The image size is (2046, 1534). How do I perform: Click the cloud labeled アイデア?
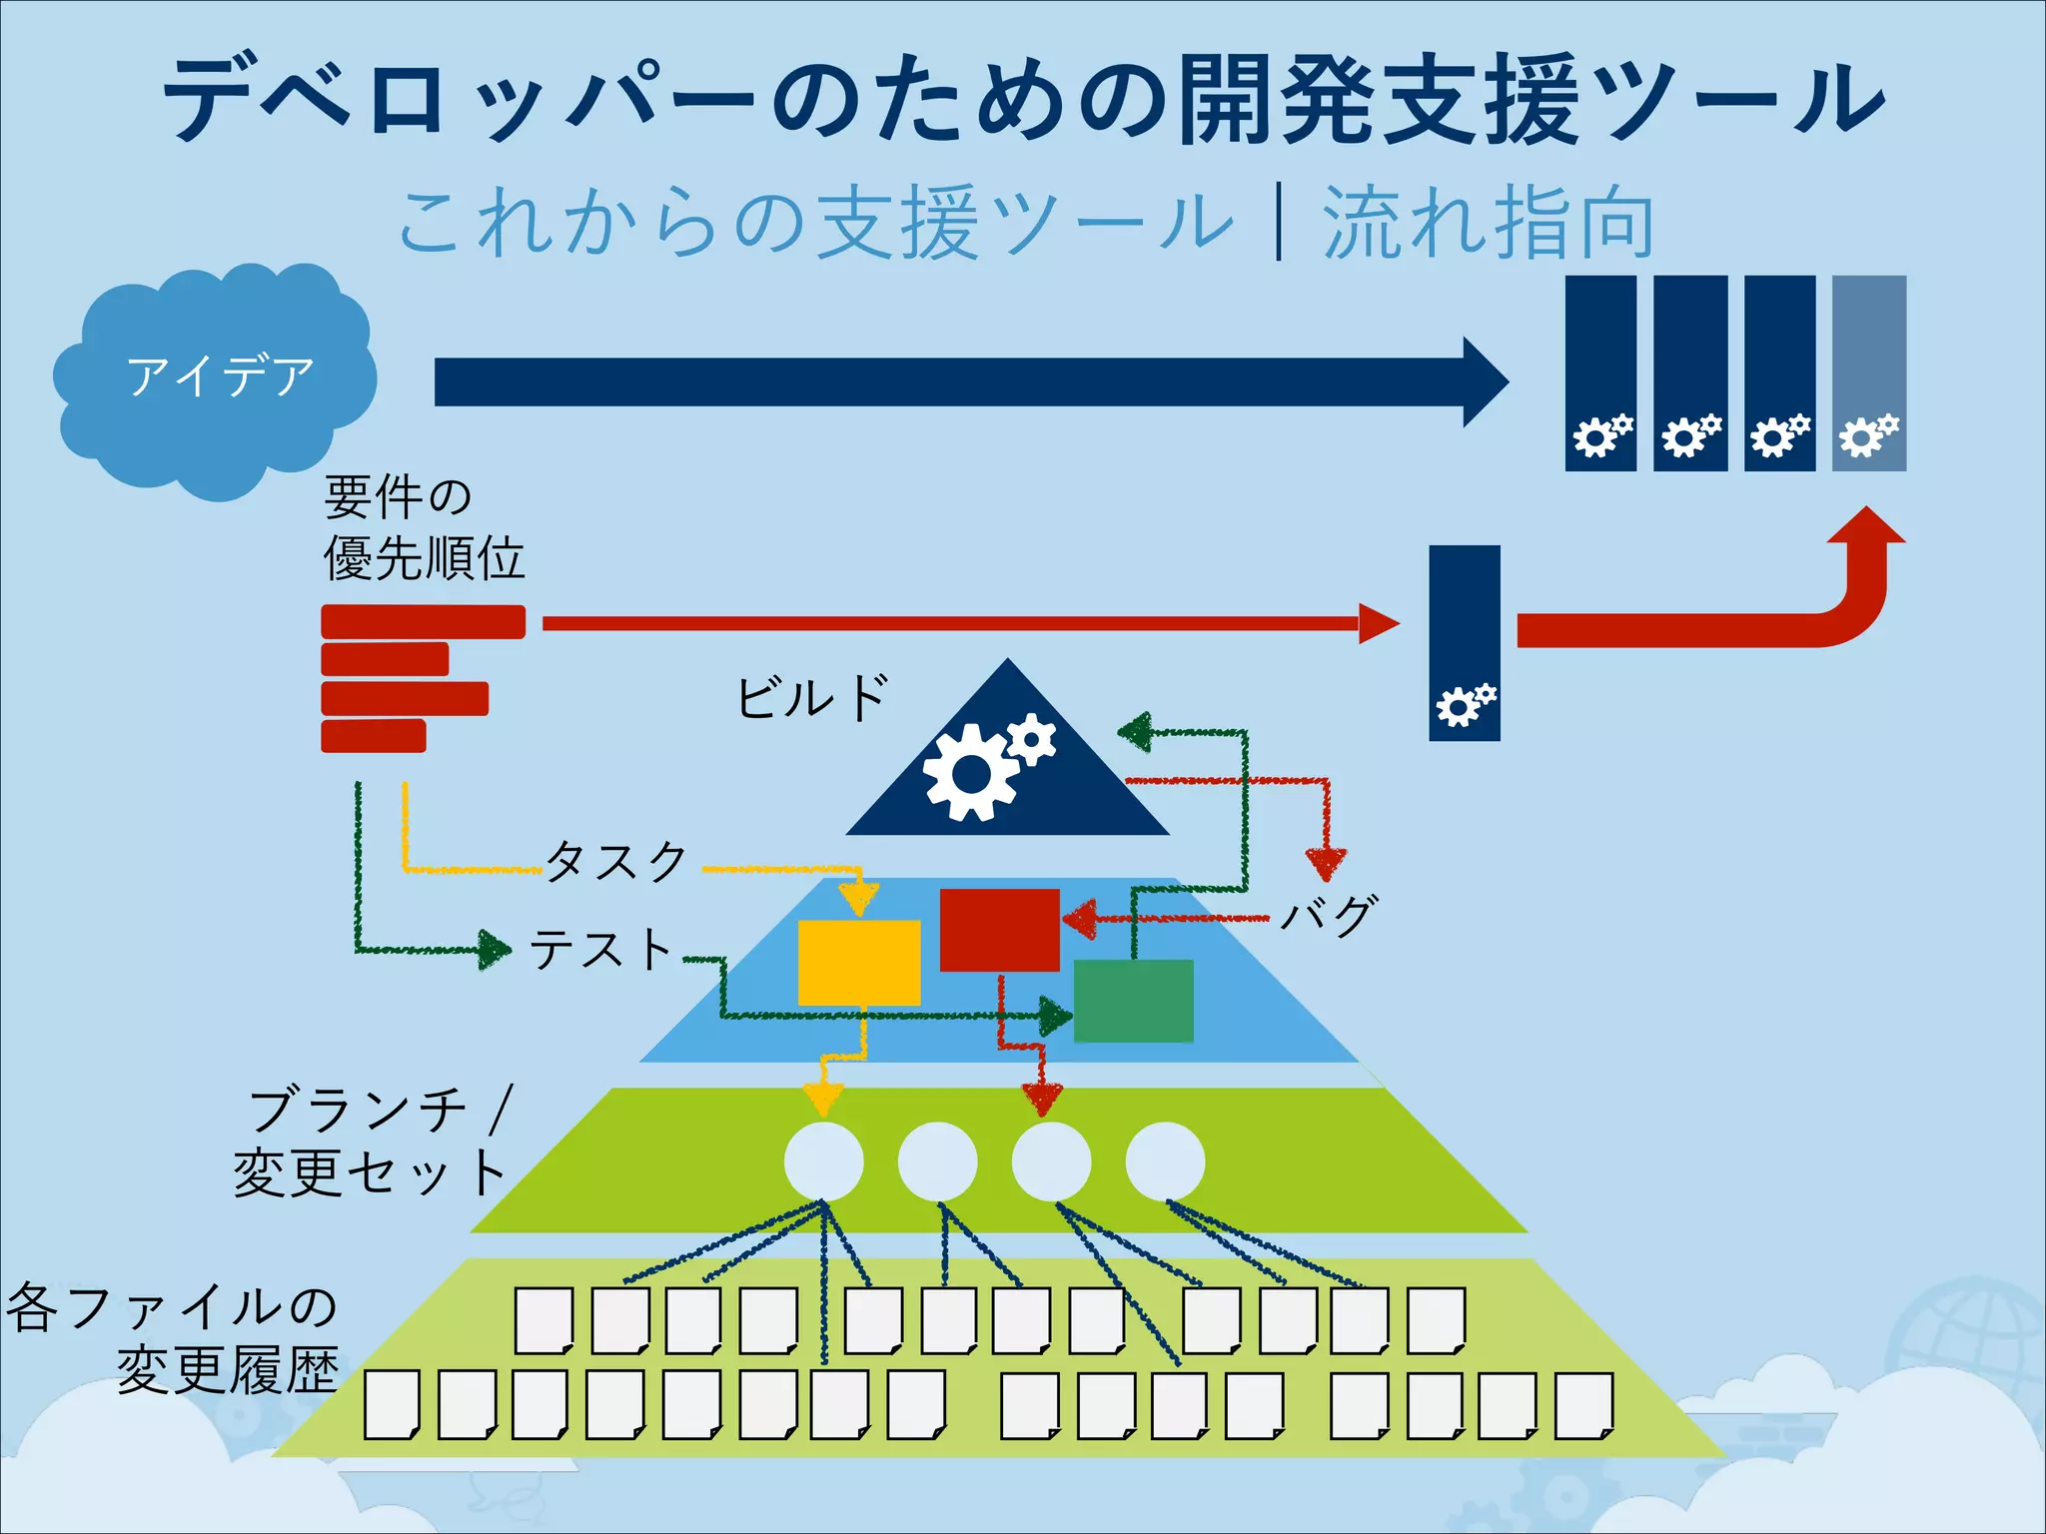click(x=215, y=380)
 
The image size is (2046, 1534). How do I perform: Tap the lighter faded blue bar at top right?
click(x=1868, y=373)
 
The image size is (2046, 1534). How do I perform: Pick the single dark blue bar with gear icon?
click(x=1464, y=642)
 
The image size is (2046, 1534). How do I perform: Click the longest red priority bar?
click(x=423, y=621)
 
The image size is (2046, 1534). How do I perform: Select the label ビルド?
click(x=811, y=697)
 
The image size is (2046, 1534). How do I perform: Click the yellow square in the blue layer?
click(x=858, y=962)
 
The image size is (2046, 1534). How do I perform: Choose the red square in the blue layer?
click(x=999, y=929)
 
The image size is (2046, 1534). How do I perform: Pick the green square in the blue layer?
click(x=1133, y=1001)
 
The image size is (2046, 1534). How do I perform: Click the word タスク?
click(x=617, y=860)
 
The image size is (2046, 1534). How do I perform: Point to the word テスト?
click(x=600, y=949)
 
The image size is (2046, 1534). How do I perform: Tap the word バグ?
click(x=1330, y=914)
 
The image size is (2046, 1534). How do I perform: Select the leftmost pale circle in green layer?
click(x=823, y=1160)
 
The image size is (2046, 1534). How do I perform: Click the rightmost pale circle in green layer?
click(x=1165, y=1160)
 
